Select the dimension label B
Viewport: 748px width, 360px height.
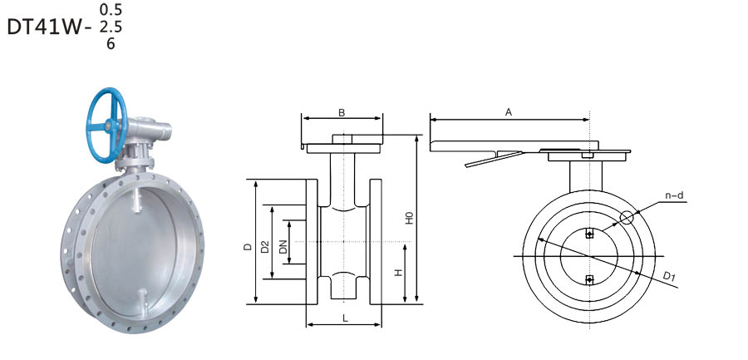point(342,111)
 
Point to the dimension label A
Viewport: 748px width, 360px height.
point(509,111)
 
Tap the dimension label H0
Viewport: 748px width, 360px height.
point(409,219)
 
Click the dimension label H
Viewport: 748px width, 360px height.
point(399,273)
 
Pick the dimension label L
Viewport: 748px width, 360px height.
point(344,317)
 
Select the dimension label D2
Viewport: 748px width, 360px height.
point(265,247)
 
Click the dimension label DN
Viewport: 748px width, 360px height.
point(283,247)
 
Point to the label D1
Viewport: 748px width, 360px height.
point(667,276)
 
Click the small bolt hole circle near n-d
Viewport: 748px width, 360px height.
point(627,219)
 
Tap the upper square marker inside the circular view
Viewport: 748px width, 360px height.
point(589,234)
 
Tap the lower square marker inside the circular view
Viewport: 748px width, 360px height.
point(589,279)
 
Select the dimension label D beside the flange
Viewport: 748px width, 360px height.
point(248,247)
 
